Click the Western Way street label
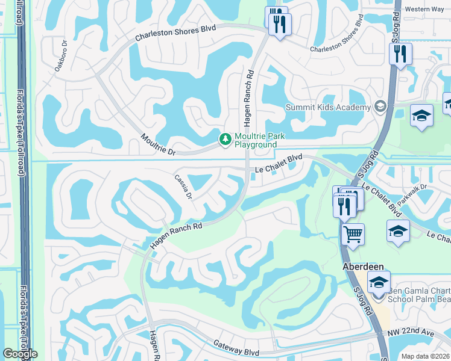(x=425, y=9)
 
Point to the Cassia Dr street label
(x=183, y=187)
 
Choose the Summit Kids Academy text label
(x=328, y=108)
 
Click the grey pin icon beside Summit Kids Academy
(x=380, y=108)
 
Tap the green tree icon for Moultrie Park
(x=225, y=140)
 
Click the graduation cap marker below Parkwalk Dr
(x=398, y=231)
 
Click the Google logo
(x=20, y=354)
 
